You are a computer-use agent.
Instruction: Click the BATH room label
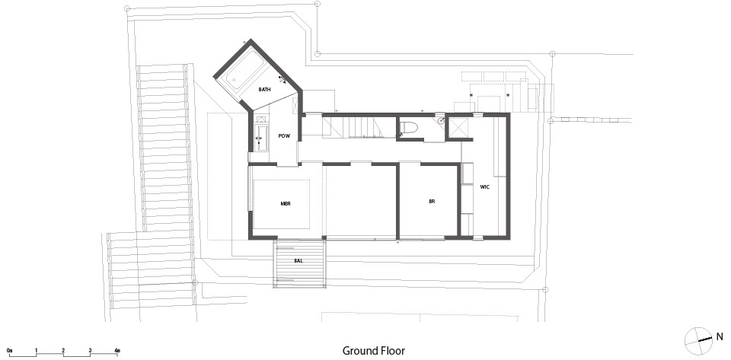265,89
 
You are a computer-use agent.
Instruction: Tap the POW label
284,136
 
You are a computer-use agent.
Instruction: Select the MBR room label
286,203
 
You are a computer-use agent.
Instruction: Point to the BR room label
432,202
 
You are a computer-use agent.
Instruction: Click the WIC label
485,186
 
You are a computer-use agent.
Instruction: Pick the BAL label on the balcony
298,261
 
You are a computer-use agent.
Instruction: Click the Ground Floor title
374,351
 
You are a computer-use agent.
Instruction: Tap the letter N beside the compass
720,336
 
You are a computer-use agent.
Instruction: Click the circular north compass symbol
698,342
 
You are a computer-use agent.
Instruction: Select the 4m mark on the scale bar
117,350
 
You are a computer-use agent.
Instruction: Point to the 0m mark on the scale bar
9,350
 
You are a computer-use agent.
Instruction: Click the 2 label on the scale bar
63,350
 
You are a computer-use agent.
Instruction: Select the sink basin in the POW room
261,138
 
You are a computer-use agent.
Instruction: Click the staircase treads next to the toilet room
353,127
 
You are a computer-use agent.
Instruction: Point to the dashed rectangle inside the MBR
282,204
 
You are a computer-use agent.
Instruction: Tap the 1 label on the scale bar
36,350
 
